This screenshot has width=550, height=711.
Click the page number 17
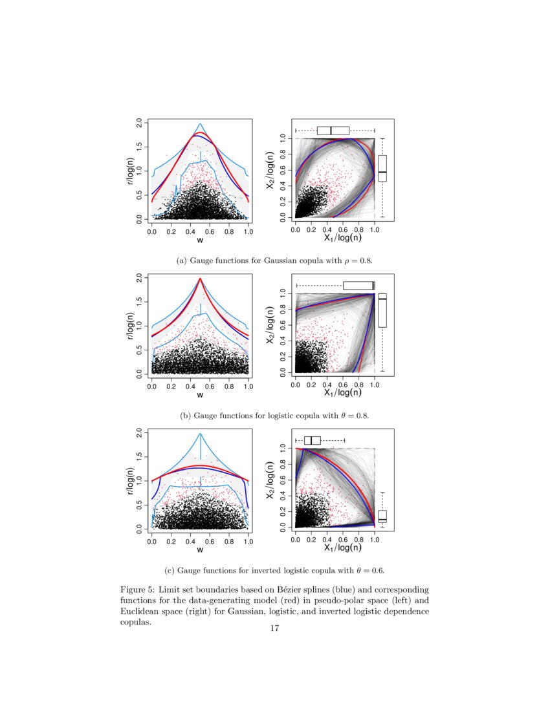point(274,630)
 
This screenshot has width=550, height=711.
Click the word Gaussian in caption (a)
point(280,260)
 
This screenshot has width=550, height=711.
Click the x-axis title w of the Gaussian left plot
point(200,240)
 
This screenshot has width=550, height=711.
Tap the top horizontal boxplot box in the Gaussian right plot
point(333,131)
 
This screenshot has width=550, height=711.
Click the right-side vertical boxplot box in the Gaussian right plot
point(382,168)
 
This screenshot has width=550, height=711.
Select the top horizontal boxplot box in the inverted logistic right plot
point(312,440)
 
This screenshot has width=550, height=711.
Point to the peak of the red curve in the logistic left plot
point(200,279)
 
